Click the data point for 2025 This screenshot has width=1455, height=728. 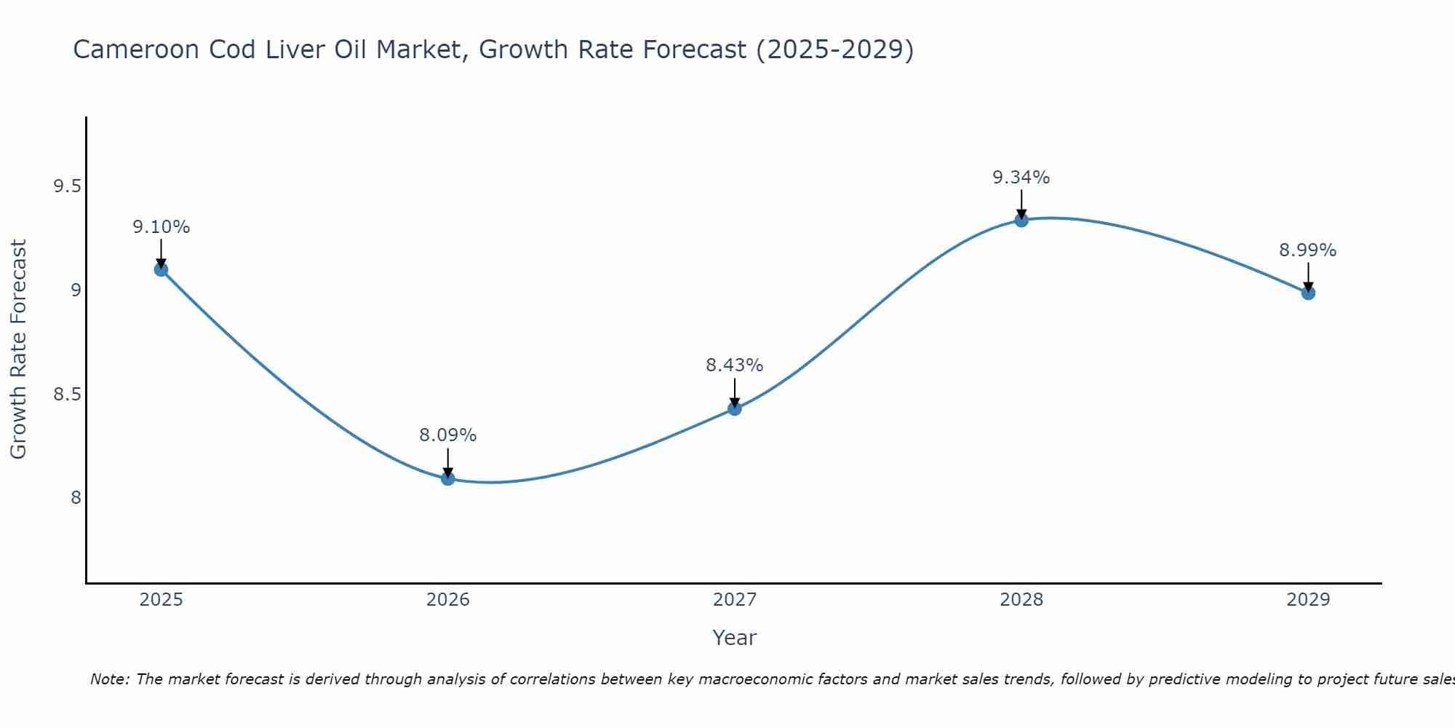point(161,269)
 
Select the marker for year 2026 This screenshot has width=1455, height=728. point(447,478)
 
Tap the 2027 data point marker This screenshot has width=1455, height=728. point(734,408)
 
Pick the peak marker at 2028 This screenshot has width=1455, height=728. point(1021,220)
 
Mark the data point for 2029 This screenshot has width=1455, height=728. point(1307,293)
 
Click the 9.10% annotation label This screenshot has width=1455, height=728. point(161,227)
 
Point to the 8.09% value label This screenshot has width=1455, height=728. point(447,435)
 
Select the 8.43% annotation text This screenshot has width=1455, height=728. point(734,365)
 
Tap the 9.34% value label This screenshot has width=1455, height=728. point(1021,178)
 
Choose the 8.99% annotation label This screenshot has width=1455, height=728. point(1307,250)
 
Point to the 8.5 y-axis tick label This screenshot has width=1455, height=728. point(66,395)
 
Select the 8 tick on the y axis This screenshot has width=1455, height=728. point(76,498)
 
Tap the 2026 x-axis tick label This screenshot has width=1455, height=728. point(447,600)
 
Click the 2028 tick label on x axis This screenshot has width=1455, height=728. point(1021,600)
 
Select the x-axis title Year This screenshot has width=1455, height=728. point(734,638)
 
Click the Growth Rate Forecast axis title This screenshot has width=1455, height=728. point(19,349)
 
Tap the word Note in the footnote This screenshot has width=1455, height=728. point(108,679)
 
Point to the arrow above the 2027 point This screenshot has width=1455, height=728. point(734,392)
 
